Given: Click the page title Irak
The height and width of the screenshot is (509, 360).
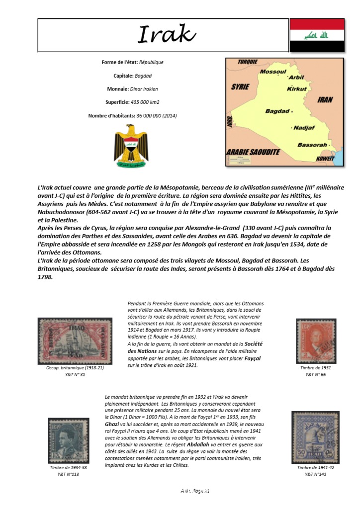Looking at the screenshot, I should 167,35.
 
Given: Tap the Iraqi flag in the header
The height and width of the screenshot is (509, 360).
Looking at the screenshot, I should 317,35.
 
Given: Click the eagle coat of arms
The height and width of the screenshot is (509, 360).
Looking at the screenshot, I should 131,146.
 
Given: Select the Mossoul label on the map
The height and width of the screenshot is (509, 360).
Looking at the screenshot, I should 273,72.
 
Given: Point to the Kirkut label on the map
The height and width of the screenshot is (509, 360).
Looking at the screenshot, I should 297,88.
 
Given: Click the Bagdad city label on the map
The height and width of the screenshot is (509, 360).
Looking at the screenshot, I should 276,111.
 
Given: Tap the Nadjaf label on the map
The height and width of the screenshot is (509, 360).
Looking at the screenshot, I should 305,128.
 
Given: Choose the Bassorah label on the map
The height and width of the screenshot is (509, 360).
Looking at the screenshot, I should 312,145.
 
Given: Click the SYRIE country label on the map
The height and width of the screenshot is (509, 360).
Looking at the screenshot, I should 240,87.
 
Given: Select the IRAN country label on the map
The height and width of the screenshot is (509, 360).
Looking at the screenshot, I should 325,99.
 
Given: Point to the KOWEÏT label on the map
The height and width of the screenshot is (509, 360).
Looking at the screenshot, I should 326,158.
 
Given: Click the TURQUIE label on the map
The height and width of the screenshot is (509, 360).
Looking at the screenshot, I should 247,62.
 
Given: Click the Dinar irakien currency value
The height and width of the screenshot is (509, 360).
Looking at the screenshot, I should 144,89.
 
